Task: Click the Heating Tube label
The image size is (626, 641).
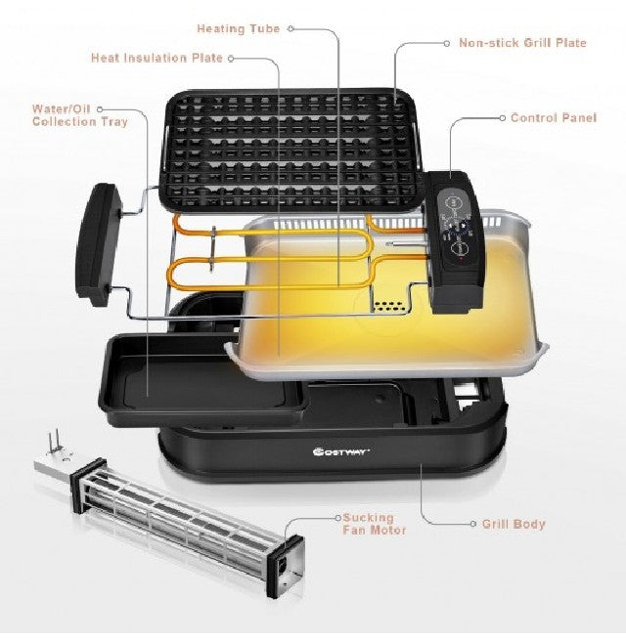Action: (x=238, y=29)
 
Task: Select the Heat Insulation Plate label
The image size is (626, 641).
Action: (x=157, y=58)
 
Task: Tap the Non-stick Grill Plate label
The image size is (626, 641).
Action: (x=522, y=43)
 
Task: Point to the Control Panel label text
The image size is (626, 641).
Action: (x=554, y=118)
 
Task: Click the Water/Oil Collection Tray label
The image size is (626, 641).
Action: (x=80, y=115)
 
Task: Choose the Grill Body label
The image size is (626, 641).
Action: (x=514, y=524)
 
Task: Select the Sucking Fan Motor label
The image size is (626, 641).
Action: (x=374, y=524)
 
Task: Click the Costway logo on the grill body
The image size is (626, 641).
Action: (x=341, y=451)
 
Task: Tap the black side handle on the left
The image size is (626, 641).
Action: (x=98, y=244)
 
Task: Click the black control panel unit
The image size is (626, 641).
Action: (x=454, y=241)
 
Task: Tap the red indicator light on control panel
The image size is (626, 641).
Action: (x=461, y=259)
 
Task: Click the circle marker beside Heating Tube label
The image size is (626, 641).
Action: (x=291, y=28)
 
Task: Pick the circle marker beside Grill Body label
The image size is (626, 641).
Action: (x=473, y=524)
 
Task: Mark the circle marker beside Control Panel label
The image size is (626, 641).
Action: (x=503, y=118)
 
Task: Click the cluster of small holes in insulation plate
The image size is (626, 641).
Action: (x=388, y=306)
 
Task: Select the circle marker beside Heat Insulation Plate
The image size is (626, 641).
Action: (x=231, y=59)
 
